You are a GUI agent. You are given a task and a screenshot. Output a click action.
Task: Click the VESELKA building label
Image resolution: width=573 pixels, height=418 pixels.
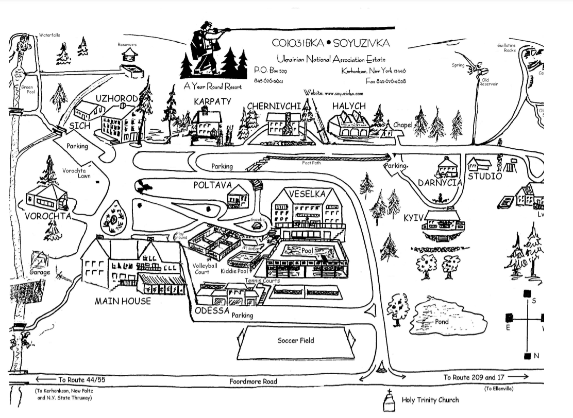(307, 194)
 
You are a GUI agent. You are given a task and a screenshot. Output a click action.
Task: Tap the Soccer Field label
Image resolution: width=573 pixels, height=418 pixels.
(295, 340)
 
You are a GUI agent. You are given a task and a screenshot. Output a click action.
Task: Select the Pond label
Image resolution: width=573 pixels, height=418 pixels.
(442, 322)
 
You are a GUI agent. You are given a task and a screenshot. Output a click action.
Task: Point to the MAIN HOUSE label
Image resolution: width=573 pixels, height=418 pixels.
(123, 301)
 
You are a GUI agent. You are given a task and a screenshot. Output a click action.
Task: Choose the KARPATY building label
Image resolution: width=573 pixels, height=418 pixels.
(212, 101)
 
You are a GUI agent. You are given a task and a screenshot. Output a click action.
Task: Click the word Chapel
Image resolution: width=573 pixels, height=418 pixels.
(403, 125)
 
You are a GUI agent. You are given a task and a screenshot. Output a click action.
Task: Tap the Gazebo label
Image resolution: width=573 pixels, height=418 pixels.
(257, 220)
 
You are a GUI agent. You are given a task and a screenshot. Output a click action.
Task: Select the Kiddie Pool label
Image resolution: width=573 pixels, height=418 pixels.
(235, 271)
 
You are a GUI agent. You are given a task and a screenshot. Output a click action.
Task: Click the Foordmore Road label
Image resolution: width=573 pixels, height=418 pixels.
(253, 381)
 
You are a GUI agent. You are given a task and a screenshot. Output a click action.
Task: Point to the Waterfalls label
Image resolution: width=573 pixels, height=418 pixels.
(49, 35)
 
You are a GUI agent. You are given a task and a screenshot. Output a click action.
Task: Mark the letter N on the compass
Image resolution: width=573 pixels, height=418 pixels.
(536, 356)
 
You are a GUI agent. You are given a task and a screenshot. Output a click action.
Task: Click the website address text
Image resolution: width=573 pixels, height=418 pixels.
(333, 93)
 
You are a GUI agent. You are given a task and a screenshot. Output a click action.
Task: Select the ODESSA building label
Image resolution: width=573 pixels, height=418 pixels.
(211, 311)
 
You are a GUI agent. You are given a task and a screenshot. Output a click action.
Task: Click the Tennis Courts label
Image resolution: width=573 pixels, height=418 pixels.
(263, 281)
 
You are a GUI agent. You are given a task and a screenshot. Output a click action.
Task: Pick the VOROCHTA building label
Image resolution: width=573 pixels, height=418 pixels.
(48, 216)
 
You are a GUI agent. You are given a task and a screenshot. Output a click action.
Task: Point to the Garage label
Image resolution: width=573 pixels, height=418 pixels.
(40, 272)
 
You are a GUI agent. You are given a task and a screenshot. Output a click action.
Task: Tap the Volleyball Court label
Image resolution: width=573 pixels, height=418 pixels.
(201, 269)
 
